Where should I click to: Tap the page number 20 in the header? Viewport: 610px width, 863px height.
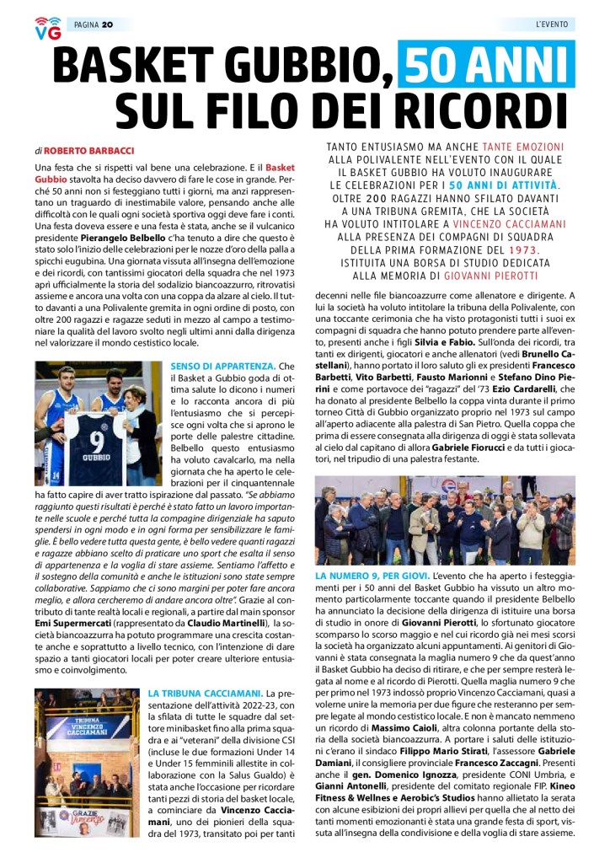(x=107, y=24)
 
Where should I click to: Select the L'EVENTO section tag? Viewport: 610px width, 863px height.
(x=552, y=24)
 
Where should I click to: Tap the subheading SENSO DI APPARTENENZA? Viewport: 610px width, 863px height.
(x=222, y=367)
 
